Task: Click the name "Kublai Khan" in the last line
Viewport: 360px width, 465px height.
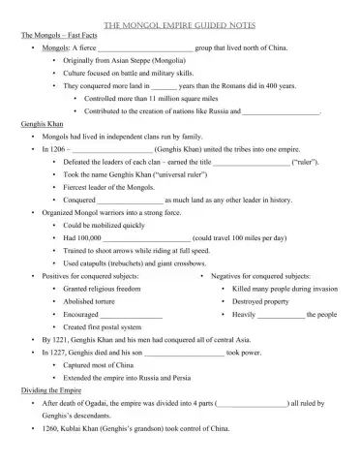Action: click(x=85, y=428)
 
